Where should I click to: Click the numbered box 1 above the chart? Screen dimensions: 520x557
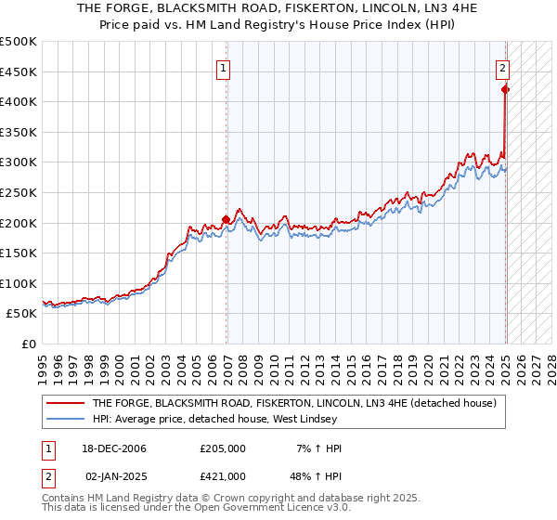click(x=225, y=67)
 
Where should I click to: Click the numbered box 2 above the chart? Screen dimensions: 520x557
click(x=501, y=67)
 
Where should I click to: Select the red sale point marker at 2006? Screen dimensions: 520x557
click(x=227, y=220)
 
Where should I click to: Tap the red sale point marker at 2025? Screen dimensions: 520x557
click(x=505, y=89)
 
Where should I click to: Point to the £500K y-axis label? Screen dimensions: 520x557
click(x=19, y=42)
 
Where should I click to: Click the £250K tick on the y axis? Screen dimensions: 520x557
click(x=19, y=192)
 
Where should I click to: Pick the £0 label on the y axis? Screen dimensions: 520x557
click(x=30, y=344)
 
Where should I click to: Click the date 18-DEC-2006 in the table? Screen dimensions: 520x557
click(x=117, y=448)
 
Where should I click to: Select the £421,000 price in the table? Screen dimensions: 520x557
click(x=223, y=475)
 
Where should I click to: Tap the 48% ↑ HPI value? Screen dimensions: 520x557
click(x=316, y=475)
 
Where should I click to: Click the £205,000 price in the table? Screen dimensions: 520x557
click(x=223, y=448)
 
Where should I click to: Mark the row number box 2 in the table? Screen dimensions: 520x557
click(x=48, y=475)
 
